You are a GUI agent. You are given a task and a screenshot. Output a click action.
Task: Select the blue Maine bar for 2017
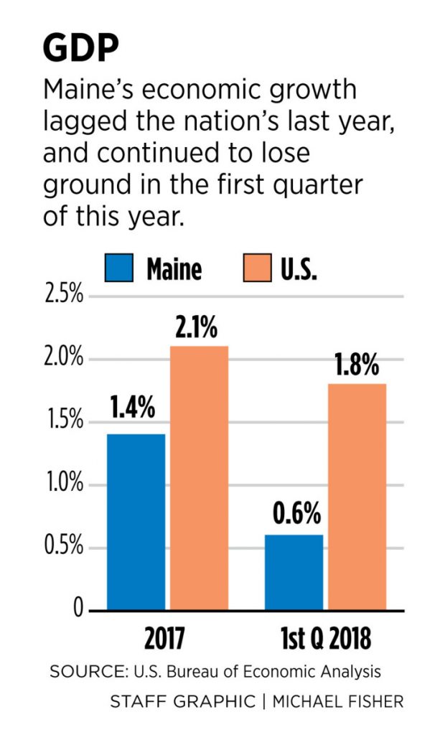coord(136,522)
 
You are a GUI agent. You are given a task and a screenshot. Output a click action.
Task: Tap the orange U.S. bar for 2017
coord(199,478)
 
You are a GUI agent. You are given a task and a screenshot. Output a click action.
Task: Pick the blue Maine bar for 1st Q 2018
coord(294,572)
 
